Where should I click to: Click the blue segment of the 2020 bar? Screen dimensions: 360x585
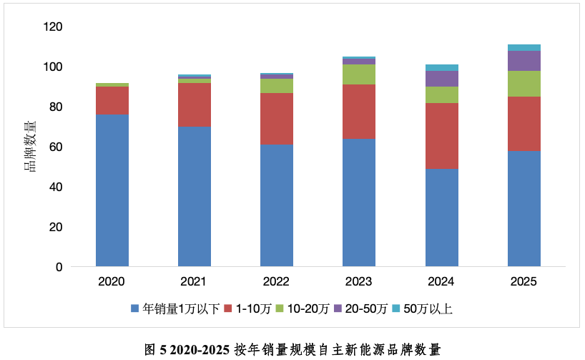(112, 190)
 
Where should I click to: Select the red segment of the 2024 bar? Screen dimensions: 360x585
(442, 136)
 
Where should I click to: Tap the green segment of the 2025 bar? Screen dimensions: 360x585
(524, 84)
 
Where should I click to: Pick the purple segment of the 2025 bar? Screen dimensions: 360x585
(524, 61)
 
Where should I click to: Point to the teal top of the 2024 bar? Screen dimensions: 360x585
(442, 67)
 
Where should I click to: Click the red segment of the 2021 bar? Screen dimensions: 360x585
(195, 105)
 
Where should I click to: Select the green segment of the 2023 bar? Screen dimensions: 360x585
(359, 74)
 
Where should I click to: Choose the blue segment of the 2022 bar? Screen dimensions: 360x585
(277, 205)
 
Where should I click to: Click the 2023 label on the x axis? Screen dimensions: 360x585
(359, 281)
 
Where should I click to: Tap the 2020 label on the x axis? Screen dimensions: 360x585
(112, 281)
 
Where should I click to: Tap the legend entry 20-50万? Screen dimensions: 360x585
(365, 309)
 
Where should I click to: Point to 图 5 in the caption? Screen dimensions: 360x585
(155, 349)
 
